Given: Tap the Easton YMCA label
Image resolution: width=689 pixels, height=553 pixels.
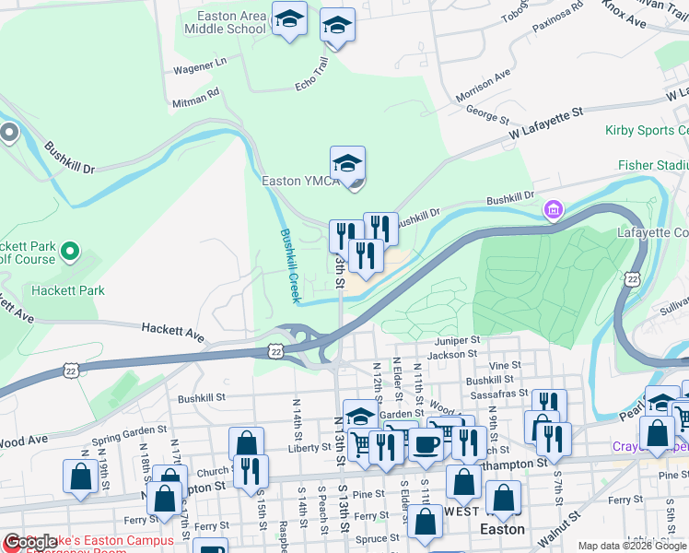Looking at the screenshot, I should [x=301, y=181].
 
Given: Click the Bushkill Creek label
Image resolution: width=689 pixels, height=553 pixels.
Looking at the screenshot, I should [x=289, y=265].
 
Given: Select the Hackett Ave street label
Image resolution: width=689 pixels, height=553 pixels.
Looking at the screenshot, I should [x=172, y=328].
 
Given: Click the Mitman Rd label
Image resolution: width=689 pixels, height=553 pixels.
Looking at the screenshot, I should [x=195, y=95].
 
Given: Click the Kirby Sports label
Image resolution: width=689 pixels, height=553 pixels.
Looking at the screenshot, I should [x=646, y=131].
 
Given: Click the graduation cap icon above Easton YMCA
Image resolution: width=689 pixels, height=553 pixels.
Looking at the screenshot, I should [x=347, y=163].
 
